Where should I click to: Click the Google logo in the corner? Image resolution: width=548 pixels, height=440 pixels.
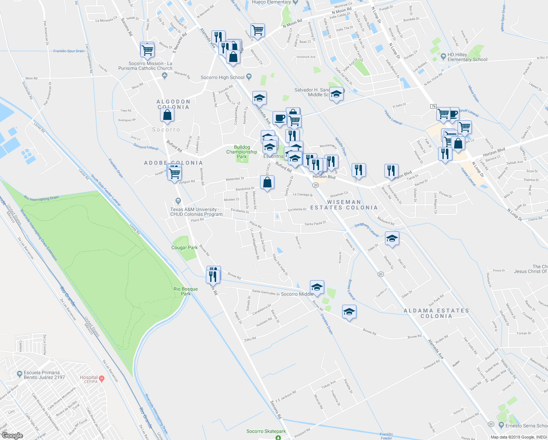[x=12, y=435]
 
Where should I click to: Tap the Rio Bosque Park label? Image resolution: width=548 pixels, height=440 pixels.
[x=186, y=291]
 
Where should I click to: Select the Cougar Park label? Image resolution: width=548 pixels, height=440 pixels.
[x=184, y=247]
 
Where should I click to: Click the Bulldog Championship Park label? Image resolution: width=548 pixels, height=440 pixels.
[x=241, y=152]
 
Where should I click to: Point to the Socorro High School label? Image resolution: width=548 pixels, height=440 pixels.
[x=222, y=77]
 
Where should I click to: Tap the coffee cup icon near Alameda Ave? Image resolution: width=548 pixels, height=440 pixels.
[x=279, y=118]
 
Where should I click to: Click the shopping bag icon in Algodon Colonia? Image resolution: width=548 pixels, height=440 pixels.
[x=167, y=115]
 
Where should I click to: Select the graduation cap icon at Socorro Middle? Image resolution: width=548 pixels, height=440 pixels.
[x=317, y=287]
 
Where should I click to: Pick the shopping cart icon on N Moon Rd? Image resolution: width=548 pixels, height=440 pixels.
[x=258, y=30]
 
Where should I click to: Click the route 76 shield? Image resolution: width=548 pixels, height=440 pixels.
[x=434, y=106]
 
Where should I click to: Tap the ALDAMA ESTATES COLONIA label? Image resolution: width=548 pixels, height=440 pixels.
[x=436, y=313]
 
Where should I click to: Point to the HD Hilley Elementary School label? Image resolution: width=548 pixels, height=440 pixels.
[x=467, y=57]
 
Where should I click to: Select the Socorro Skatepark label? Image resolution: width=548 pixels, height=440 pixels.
[x=266, y=431]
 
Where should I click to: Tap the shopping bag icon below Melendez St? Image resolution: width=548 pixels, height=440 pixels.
[x=267, y=182]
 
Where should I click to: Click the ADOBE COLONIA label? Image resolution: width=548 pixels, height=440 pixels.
[x=173, y=163]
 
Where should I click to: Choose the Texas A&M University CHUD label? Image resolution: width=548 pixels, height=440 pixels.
[x=196, y=212]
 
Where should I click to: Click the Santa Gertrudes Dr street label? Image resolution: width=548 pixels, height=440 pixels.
[x=266, y=292]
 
